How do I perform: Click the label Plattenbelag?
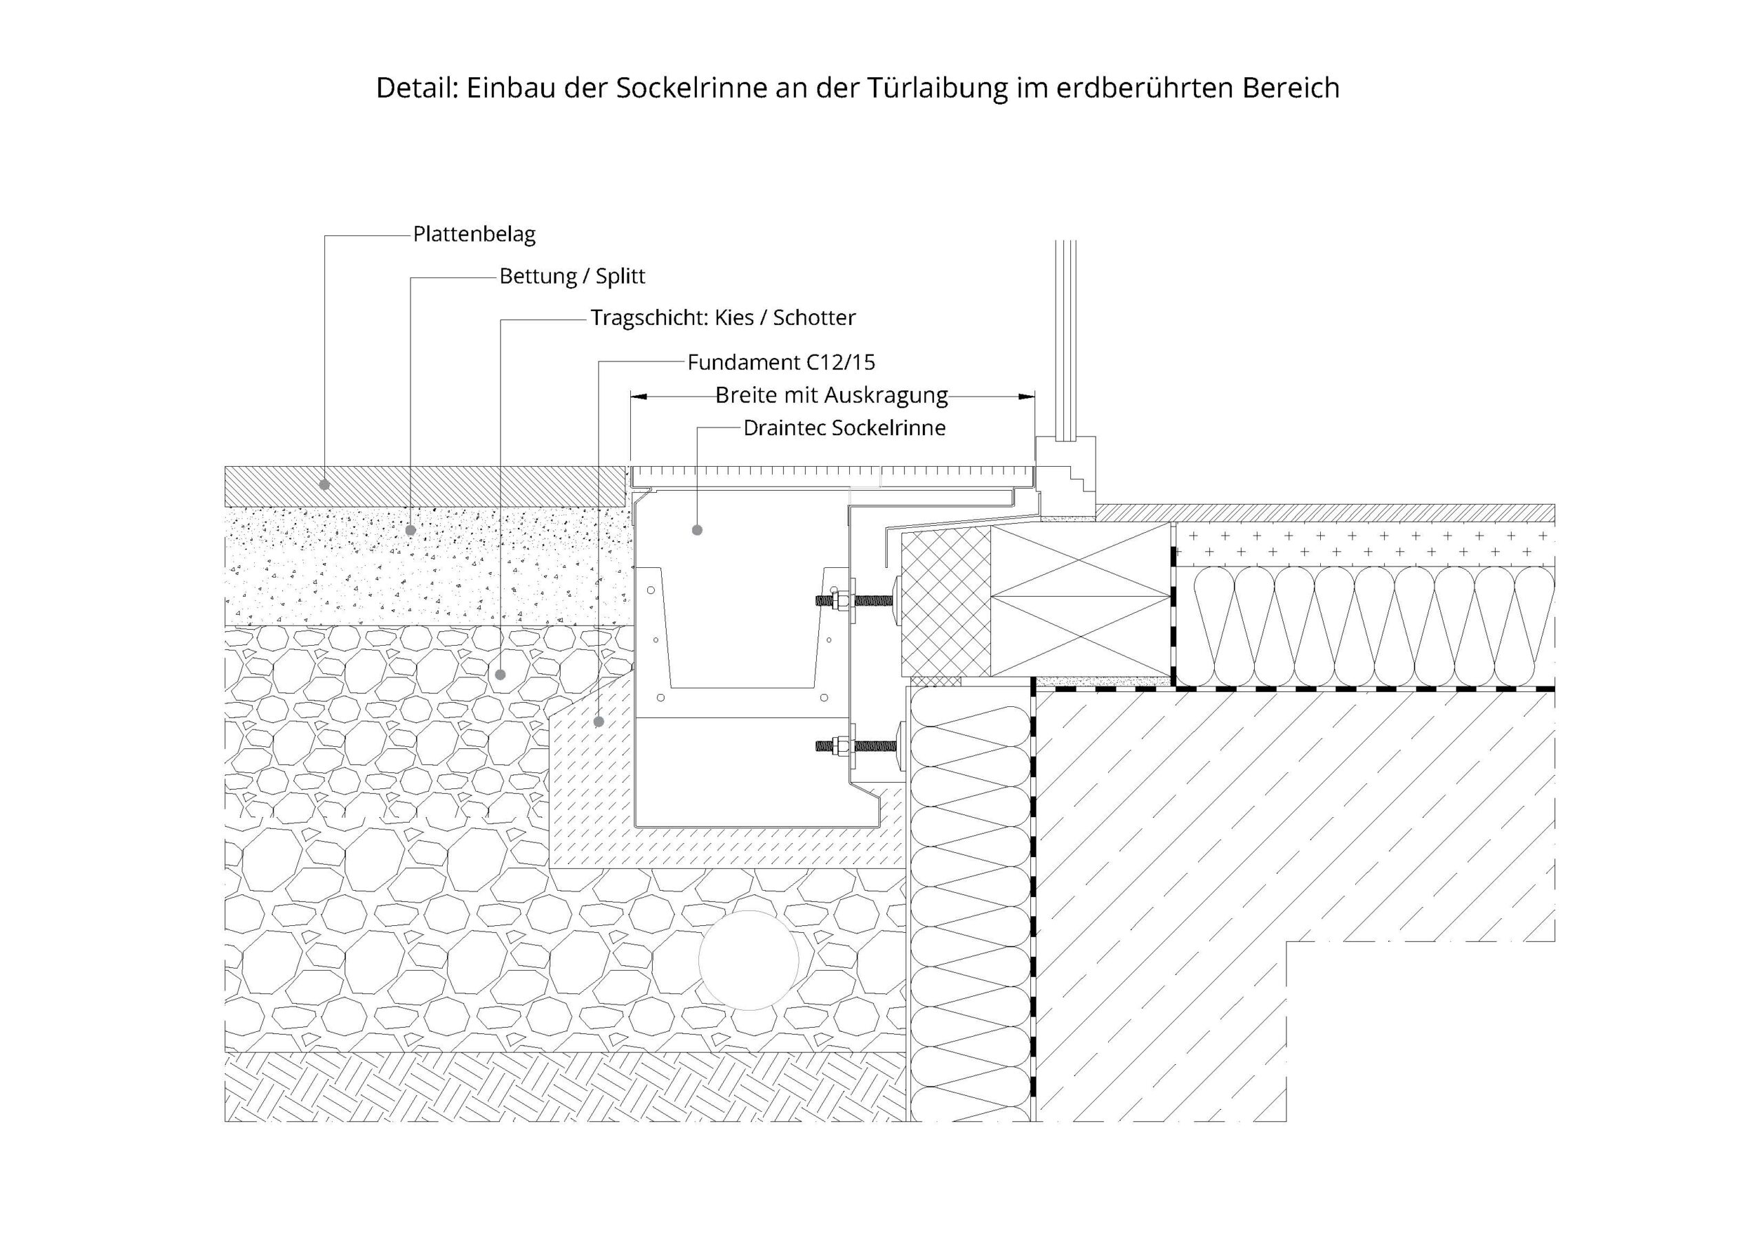click(x=474, y=234)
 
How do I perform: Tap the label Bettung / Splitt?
click(x=572, y=276)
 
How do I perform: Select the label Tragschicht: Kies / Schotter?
click(x=722, y=318)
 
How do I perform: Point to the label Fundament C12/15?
click(x=781, y=361)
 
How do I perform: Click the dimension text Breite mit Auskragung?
click(x=832, y=395)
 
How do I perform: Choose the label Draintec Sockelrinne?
click(x=844, y=427)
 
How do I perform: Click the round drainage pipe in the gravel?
click(x=749, y=960)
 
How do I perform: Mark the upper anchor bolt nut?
click(x=839, y=600)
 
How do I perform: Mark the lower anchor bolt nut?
click(x=839, y=745)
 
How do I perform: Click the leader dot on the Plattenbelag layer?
click(x=325, y=485)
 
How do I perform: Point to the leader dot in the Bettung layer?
click(x=411, y=530)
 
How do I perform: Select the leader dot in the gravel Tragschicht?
click(x=501, y=675)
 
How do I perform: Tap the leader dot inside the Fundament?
click(x=599, y=721)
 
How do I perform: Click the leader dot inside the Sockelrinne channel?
click(x=697, y=530)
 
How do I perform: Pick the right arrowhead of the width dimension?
click(x=1027, y=396)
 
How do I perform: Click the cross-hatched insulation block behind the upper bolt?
click(x=946, y=602)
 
